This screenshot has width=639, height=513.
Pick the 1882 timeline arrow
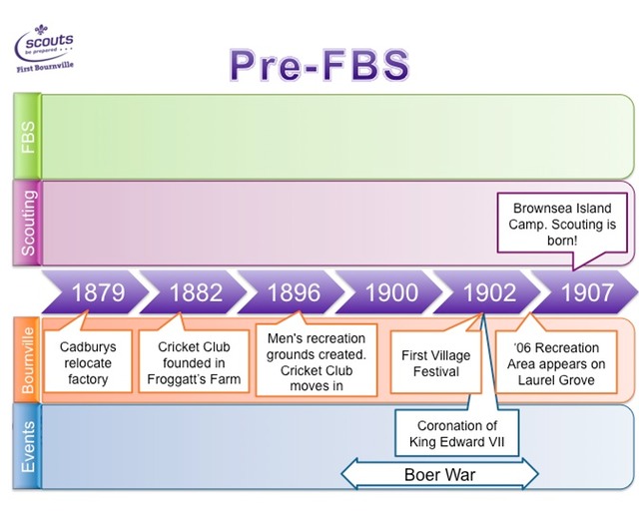click(x=196, y=293)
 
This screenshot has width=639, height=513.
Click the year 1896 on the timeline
click(x=294, y=293)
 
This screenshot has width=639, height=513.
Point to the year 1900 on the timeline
click(x=391, y=293)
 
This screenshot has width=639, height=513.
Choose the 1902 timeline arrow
click(x=489, y=293)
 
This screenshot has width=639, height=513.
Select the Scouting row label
click(x=28, y=222)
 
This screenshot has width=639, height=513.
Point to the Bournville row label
click(x=28, y=359)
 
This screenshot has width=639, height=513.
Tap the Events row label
click(x=28, y=446)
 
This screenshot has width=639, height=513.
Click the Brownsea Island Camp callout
click(x=562, y=225)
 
